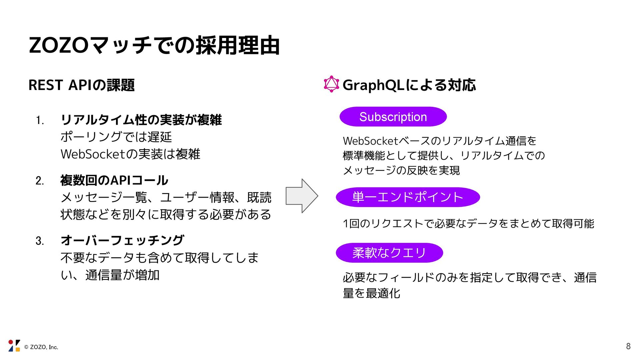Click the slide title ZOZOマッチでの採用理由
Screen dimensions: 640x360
[154, 45]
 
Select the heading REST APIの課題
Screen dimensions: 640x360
[82, 85]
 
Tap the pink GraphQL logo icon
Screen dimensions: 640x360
[331, 84]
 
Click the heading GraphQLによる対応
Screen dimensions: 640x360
[409, 85]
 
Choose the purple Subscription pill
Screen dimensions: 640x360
[393, 117]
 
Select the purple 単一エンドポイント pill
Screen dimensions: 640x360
[408, 197]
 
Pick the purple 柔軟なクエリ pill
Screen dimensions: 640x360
[389, 253]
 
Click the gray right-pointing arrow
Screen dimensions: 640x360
[302, 196]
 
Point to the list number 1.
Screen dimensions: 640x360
[40, 120]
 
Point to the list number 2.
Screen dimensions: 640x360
[40, 181]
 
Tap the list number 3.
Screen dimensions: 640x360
[40, 241]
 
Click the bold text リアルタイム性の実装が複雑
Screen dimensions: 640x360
[141, 120]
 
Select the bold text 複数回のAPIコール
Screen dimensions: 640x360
[114, 180]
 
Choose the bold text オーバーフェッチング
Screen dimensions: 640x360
[122, 240]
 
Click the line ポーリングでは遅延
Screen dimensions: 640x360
[116, 137]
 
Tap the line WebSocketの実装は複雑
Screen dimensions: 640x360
[130, 154]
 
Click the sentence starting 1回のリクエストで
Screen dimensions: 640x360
[468, 223]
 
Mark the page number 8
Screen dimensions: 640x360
[628, 346]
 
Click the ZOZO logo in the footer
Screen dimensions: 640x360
[14, 346]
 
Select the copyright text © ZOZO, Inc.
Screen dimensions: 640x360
[41, 347]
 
